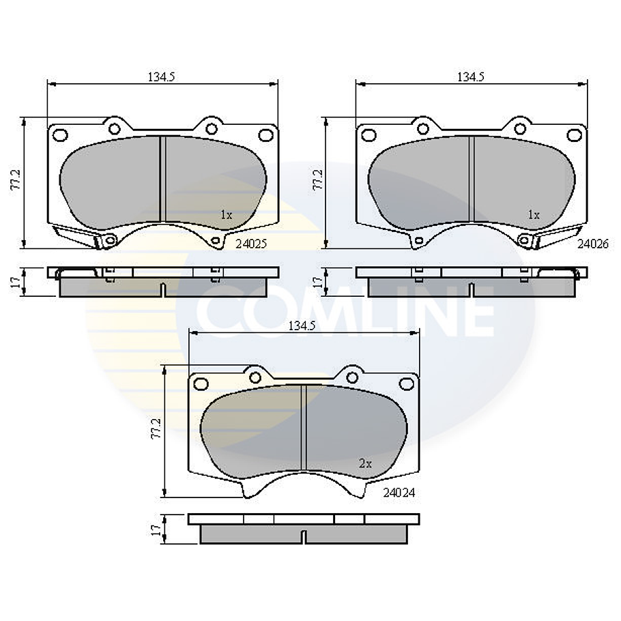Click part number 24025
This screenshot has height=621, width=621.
251,242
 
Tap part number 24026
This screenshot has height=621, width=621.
592,242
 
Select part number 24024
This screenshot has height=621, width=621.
399,491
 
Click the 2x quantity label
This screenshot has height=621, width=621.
365,463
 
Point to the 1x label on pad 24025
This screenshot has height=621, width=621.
227,214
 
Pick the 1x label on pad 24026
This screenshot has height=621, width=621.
534,214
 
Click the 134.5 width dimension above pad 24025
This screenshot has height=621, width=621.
162,77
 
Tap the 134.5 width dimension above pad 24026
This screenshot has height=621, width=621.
470,77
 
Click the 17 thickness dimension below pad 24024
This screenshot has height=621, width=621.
156,529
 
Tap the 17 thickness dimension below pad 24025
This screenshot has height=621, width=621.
17,281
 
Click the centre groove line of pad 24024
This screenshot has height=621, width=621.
304,427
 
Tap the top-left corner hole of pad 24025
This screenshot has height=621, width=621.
59,134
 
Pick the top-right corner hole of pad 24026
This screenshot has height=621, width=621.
574,134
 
